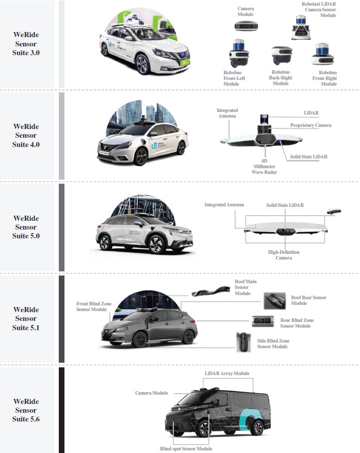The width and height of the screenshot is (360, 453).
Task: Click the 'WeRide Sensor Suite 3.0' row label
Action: tap(26, 44)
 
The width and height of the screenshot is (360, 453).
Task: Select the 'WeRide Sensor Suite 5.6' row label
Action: tap(26, 410)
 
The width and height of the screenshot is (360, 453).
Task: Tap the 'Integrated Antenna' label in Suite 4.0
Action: tap(227, 113)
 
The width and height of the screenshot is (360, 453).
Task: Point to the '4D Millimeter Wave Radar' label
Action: tap(264, 167)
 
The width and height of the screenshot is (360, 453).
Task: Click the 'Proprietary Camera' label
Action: tap(310, 125)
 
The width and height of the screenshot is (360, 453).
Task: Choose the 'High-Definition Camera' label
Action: tap(284, 255)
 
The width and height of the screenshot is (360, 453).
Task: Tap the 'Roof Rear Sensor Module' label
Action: tap(308, 300)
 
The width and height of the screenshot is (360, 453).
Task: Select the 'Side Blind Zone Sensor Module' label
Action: tap(273, 344)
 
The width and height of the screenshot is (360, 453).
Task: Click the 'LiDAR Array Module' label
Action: tap(227, 373)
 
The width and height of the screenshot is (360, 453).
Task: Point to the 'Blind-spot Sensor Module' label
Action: tap(186, 449)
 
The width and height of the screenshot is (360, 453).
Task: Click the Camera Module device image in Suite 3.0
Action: tap(246, 27)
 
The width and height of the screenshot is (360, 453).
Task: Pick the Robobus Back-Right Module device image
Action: tap(282, 55)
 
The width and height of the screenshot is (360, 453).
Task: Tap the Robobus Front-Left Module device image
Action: tap(239, 53)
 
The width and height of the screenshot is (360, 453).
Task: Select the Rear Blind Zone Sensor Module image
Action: tap(263, 321)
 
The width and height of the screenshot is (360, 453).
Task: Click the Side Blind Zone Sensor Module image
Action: tap(243, 342)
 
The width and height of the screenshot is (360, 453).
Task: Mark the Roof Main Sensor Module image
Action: tap(211, 292)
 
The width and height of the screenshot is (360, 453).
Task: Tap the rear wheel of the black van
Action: tap(256, 428)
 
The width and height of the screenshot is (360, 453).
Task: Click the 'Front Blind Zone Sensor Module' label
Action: tap(94, 306)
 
